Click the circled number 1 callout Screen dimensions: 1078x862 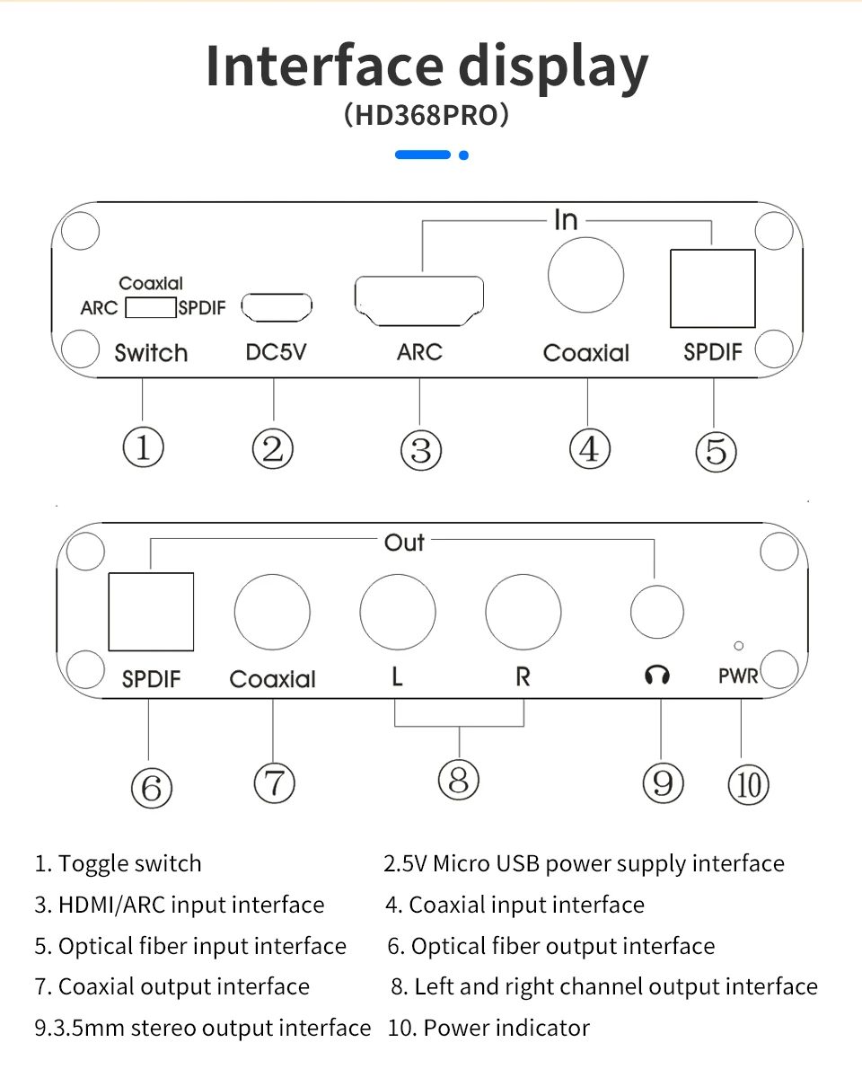pyautogui.click(x=144, y=447)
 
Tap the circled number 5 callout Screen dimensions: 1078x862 pyautogui.click(x=716, y=451)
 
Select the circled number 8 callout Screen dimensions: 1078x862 pyautogui.click(x=459, y=779)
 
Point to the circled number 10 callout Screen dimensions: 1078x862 pyautogui.click(x=748, y=785)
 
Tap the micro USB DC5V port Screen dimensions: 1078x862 pyautogui.click(x=277, y=307)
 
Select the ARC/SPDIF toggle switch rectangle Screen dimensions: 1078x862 pyautogui.click(x=150, y=308)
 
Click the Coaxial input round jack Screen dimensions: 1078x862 pyautogui.click(x=585, y=275)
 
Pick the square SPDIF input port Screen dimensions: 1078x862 pyautogui.click(x=713, y=288)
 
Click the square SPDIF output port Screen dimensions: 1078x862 pyautogui.click(x=151, y=612)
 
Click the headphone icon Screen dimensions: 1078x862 pyautogui.click(x=657, y=675)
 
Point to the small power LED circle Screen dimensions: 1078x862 pyautogui.click(x=738, y=645)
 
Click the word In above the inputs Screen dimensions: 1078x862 pyautogui.click(x=566, y=220)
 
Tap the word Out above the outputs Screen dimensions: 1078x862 pyautogui.click(x=404, y=543)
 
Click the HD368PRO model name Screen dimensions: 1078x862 pyautogui.click(x=427, y=116)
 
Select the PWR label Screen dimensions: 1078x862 pyautogui.click(x=738, y=676)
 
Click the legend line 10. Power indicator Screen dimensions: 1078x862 pyautogui.click(x=488, y=1028)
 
